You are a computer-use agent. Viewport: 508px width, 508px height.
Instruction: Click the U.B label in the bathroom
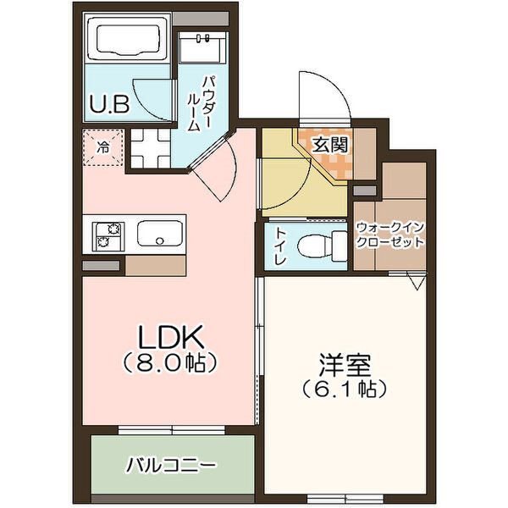pyautogui.click(x=109, y=104)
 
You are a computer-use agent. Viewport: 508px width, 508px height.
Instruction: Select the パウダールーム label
pyautogui.click(x=200, y=103)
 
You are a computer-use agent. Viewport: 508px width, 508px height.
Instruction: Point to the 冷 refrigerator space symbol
pyautogui.click(x=103, y=147)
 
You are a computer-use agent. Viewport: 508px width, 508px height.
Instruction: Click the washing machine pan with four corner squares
pyautogui.click(x=151, y=148)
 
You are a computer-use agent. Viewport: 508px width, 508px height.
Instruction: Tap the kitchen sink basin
pyautogui.click(x=160, y=234)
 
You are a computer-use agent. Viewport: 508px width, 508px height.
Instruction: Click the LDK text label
pyautogui.click(x=170, y=336)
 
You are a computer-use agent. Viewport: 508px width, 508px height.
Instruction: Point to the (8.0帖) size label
pyautogui.click(x=170, y=363)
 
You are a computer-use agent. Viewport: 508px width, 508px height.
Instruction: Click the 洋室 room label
pyautogui.click(x=345, y=366)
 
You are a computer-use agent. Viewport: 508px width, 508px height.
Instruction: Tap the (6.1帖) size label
pyautogui.click(x=345, y=389)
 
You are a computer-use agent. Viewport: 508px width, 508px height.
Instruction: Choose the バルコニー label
pyautogui.click(x=171, y=466)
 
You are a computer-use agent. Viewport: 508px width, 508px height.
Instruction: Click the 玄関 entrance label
pyautogui.click(x=330, y=145)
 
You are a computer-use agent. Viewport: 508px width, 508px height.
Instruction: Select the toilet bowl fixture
pyautogui.click(x=322, y=246)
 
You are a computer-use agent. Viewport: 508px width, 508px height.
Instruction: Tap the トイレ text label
pyautogui.click(x=280, y=246)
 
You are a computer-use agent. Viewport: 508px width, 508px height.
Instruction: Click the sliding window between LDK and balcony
pyautogui.click(x=171, y=430)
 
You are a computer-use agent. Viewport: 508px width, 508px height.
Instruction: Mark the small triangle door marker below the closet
pyautogui.click(x=416, y=281)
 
